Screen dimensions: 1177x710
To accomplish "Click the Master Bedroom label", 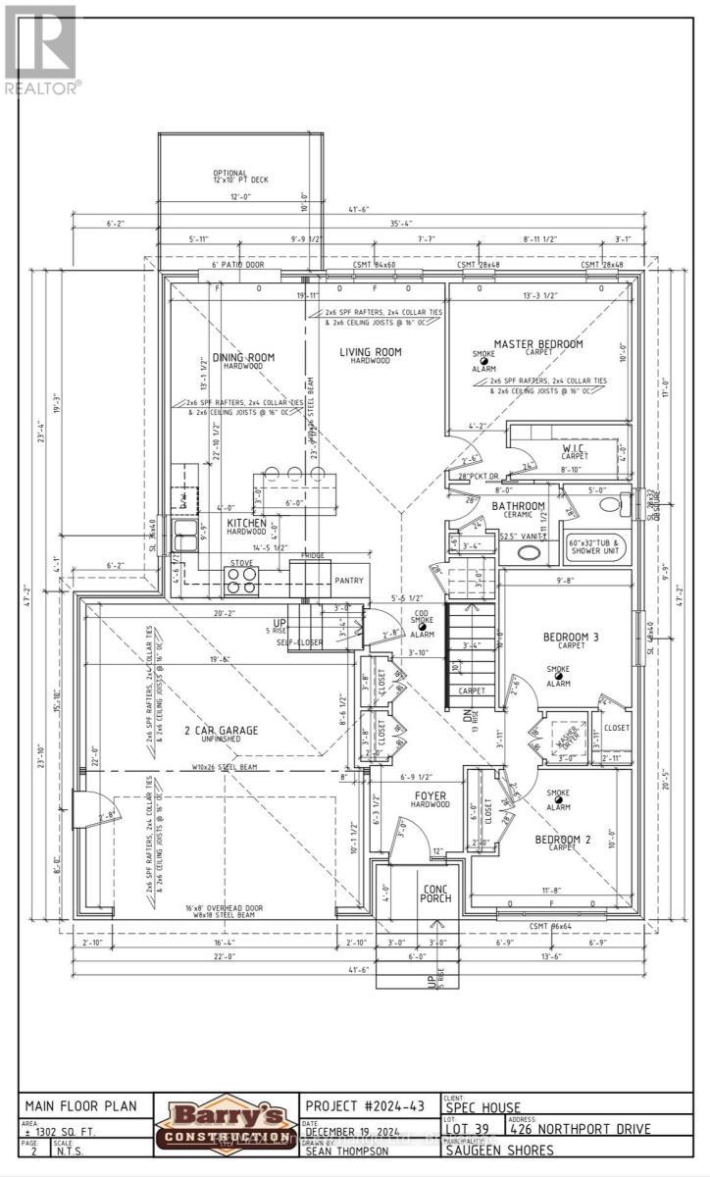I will tap(537, 344).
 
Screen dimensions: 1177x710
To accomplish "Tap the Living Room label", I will tap(371, 352).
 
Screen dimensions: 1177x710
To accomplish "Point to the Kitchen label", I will tap(246, 524).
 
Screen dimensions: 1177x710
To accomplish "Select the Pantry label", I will tap(349, 581).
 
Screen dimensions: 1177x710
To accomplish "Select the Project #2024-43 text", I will tap(365, 1105).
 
